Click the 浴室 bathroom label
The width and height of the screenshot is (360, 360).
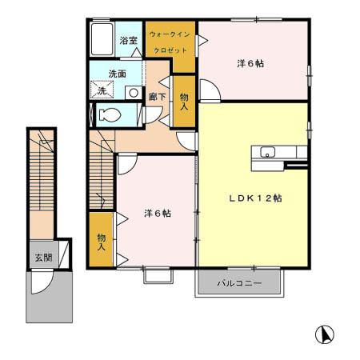[128, 39]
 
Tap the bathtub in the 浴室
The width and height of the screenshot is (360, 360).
[102, 39]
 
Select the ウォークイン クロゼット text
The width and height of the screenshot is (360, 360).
[169, 42]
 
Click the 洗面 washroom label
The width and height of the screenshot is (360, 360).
[118, 74]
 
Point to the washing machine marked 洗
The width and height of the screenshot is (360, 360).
[102, 91]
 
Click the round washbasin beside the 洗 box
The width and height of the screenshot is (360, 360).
[130, 92]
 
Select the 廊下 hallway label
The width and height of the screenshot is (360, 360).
[157, 96]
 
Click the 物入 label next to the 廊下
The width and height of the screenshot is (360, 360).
[184, 100]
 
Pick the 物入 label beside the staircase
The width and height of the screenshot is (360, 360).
[102, 242]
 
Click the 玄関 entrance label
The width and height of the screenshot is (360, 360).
[42, 258]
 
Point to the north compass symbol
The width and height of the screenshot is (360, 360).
[326, 334]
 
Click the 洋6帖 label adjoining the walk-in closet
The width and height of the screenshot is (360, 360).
[249, 63]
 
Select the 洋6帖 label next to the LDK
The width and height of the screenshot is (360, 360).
[157, 213]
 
